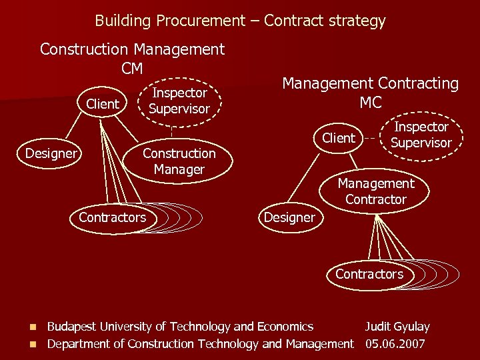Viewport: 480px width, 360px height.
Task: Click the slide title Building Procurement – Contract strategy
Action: [x=240, y=21]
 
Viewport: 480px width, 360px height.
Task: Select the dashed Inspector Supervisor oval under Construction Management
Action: [x=179, y=101]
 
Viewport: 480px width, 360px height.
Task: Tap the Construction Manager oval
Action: [x=179, y=161]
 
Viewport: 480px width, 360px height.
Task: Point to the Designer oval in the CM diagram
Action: [x=51, y=153]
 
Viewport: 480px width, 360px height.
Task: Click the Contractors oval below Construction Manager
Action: [x=112, y=217]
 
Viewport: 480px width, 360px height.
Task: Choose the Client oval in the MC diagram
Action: [x=339, y=138]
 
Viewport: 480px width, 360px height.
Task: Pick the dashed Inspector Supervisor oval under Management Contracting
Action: [x=421, y=135]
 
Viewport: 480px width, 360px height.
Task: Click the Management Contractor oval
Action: [x=375, y=191]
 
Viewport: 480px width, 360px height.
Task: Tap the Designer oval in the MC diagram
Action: [x=289, y=217]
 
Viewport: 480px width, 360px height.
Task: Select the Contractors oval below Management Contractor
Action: [x=369, y=274]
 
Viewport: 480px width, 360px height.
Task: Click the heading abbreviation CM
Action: [x=133, y=68]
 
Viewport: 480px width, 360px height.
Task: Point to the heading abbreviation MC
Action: [x=371, y=103]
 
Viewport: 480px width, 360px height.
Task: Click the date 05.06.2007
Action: [x=395, y=344]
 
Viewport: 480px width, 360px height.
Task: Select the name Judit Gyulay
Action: [x=397, y=327]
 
